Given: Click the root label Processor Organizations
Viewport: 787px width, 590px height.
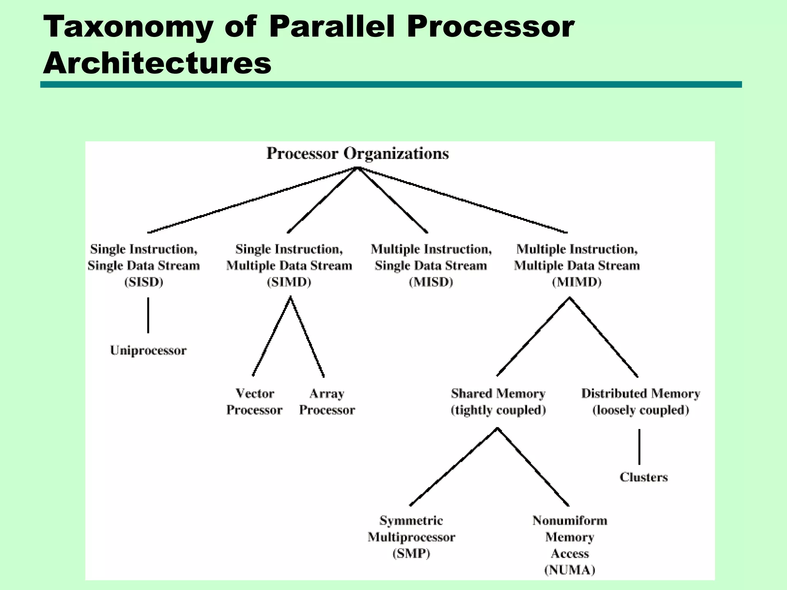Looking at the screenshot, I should [x=357, y=153].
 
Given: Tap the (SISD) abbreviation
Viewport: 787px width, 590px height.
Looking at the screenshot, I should [x=144, y=282].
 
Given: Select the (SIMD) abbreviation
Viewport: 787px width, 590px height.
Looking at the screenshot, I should [x=289, y=282].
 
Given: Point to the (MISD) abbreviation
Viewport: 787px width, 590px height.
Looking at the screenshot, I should [x=431, y=282].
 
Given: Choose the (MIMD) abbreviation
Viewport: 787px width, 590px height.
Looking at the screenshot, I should [x=576, y=282].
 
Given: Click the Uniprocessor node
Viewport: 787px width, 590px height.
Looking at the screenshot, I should [x=148, y=350].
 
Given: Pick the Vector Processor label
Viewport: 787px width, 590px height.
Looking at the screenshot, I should [x=254, y=401].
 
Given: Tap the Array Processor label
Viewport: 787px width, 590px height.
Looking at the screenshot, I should [x=327, y=401].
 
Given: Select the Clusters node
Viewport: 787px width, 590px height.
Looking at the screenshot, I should [x=644, y=477].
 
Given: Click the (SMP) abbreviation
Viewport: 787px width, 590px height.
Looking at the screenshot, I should [x=411, y=553].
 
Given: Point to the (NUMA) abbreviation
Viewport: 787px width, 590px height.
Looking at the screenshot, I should [x=570, y=570].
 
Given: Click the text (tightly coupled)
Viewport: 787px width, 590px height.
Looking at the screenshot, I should [x=498, y=410].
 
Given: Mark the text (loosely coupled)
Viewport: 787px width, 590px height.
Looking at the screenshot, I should [x=641, y=410].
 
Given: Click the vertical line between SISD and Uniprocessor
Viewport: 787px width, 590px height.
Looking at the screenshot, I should [x=148, y=315].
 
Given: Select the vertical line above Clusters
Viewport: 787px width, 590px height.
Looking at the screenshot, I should [x=639, y=447].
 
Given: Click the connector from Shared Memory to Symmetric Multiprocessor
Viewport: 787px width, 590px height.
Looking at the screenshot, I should [x=453, y=467].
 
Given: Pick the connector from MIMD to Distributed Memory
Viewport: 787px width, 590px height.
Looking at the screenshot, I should [x=604, y=337].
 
